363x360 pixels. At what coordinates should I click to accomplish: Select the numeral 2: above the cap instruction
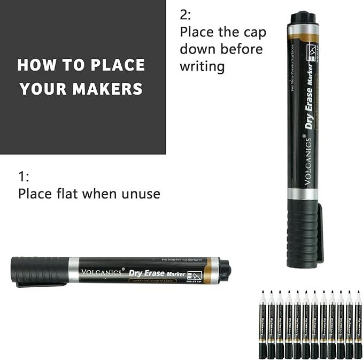tap(186, 14)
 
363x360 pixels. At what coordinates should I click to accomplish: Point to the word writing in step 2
tap(202, 66)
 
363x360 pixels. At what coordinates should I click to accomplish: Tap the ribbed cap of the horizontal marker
tap(40, 270)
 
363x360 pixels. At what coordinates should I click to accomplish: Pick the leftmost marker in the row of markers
tap(264, 324)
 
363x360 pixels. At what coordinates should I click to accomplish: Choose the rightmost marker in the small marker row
tap(358, 324)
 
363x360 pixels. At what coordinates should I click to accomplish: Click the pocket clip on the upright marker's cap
tap(320, 233)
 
